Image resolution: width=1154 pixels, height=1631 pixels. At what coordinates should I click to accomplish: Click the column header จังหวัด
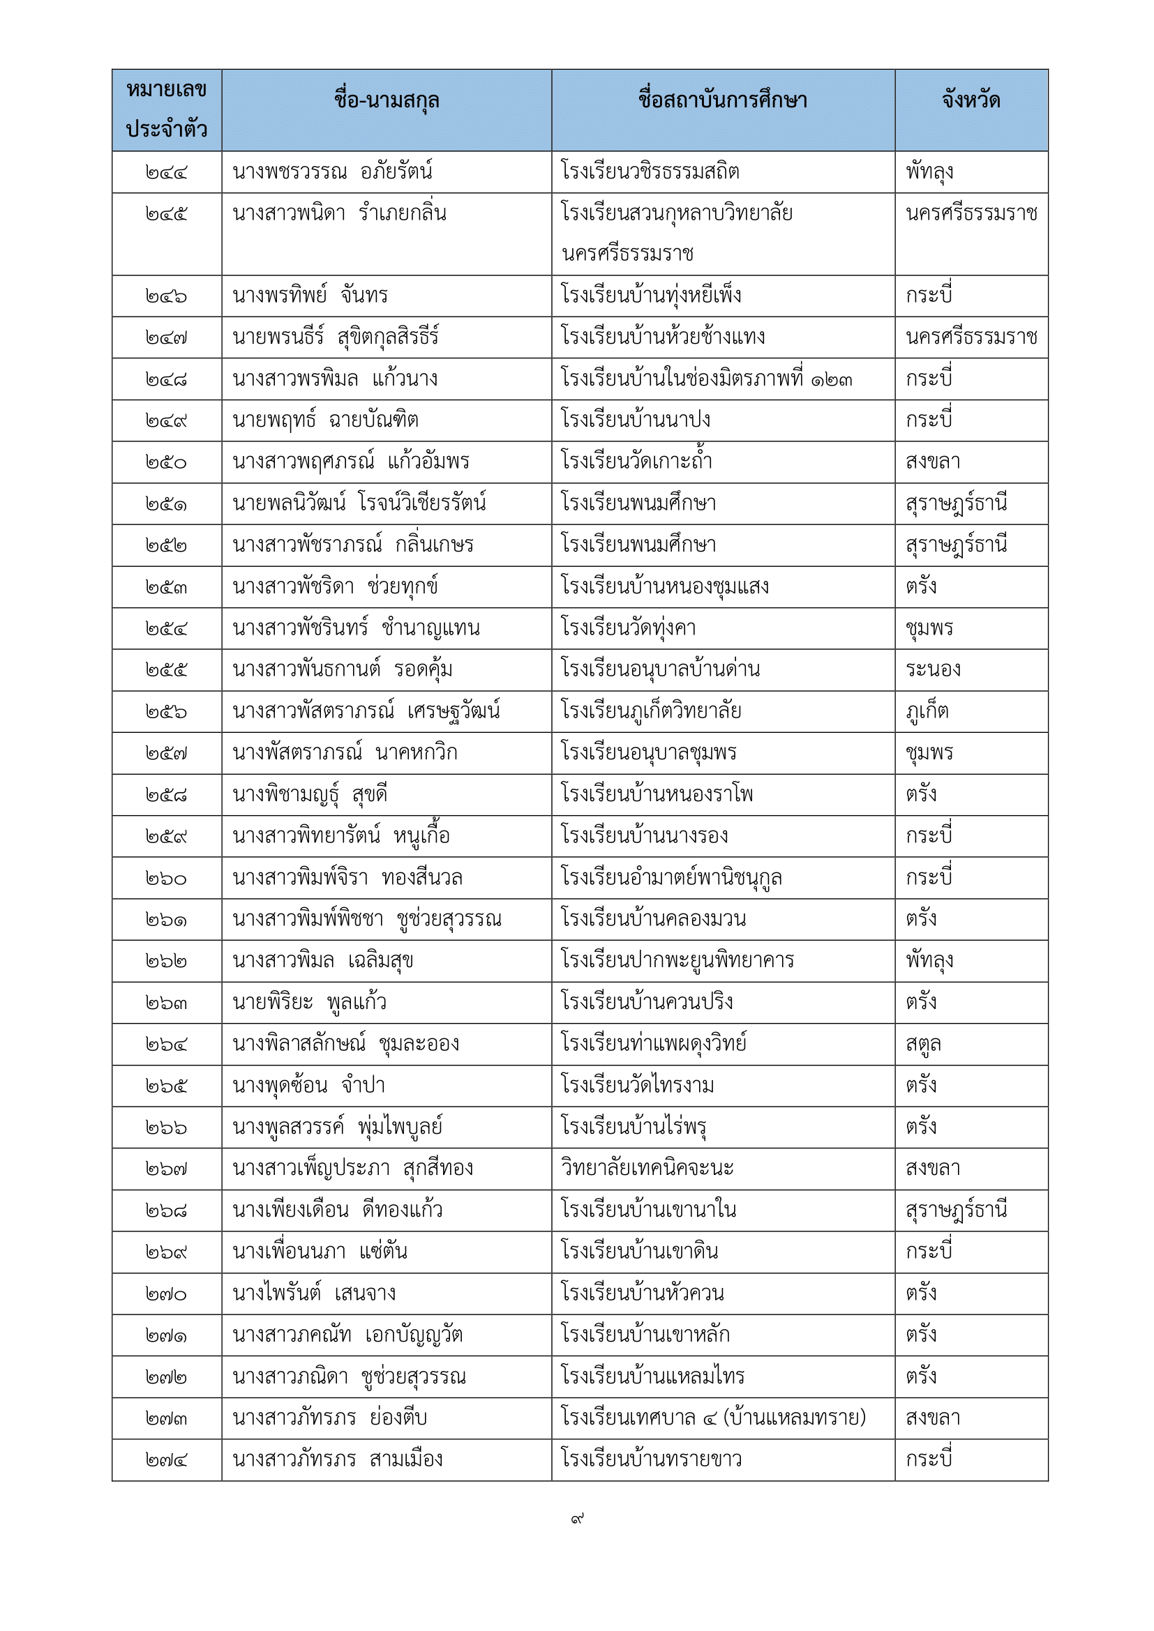coord(971,101)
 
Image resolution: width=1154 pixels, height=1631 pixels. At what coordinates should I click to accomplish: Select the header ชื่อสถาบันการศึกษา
coord(723,101)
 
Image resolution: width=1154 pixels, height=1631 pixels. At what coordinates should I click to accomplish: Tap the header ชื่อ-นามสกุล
coord(387,101)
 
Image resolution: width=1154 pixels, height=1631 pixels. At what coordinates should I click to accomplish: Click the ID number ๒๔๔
coord(166,173)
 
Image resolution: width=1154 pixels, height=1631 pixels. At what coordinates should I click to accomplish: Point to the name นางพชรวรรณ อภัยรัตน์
coord(333,172)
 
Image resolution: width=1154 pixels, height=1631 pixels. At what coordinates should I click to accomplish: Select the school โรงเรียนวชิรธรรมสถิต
coord(650,172)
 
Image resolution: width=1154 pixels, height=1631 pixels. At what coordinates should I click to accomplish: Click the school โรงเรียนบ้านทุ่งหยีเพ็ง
coord(651,296)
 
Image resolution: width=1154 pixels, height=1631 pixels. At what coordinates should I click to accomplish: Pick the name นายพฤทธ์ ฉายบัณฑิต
coord(325,420)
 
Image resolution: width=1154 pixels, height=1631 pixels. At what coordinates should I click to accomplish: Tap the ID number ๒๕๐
coord(166,462)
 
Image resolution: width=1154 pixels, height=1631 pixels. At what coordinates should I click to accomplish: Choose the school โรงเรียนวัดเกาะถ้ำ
coord(637,462)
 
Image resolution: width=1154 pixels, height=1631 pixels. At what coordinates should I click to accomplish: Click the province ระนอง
coord(933,670)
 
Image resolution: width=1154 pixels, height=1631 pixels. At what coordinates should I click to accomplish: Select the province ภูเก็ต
coord(927,711)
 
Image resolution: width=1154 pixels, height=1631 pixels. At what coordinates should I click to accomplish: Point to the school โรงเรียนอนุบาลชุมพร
coord(649,753)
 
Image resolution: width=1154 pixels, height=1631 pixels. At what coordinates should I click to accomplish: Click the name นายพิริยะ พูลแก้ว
coord(310,1002)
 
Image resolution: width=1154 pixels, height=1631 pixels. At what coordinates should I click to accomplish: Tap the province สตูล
coord(923,1045)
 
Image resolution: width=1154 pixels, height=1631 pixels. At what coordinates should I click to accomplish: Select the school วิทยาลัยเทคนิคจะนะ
coord(647,1169)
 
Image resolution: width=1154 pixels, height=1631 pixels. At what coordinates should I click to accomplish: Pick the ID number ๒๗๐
coord(166,1294)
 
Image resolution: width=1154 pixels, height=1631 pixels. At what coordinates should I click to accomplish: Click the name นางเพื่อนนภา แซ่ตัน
coord(320,1252)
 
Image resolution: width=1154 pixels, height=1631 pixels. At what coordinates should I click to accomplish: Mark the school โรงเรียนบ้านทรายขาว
coord(652,1459)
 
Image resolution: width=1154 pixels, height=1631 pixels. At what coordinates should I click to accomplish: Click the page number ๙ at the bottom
coord(577,1519)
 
